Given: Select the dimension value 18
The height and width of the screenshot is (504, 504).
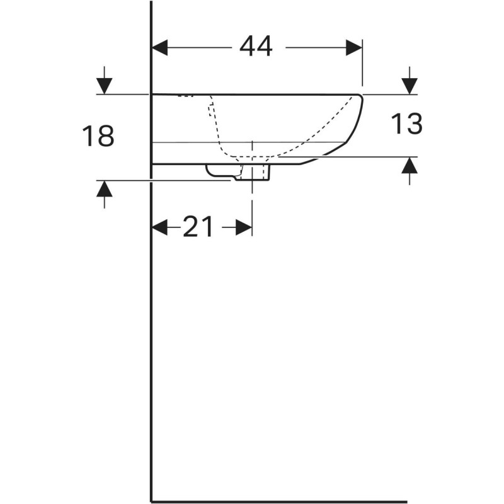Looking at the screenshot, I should click(98, 136).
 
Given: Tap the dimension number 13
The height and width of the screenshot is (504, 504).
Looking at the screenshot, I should click(406, 124).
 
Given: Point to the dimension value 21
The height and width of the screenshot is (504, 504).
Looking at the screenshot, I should click(198, 227).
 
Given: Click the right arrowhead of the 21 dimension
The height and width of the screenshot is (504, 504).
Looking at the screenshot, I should click(244, 227).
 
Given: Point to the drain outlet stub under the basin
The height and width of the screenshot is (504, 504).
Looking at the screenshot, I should click(255, 172).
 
